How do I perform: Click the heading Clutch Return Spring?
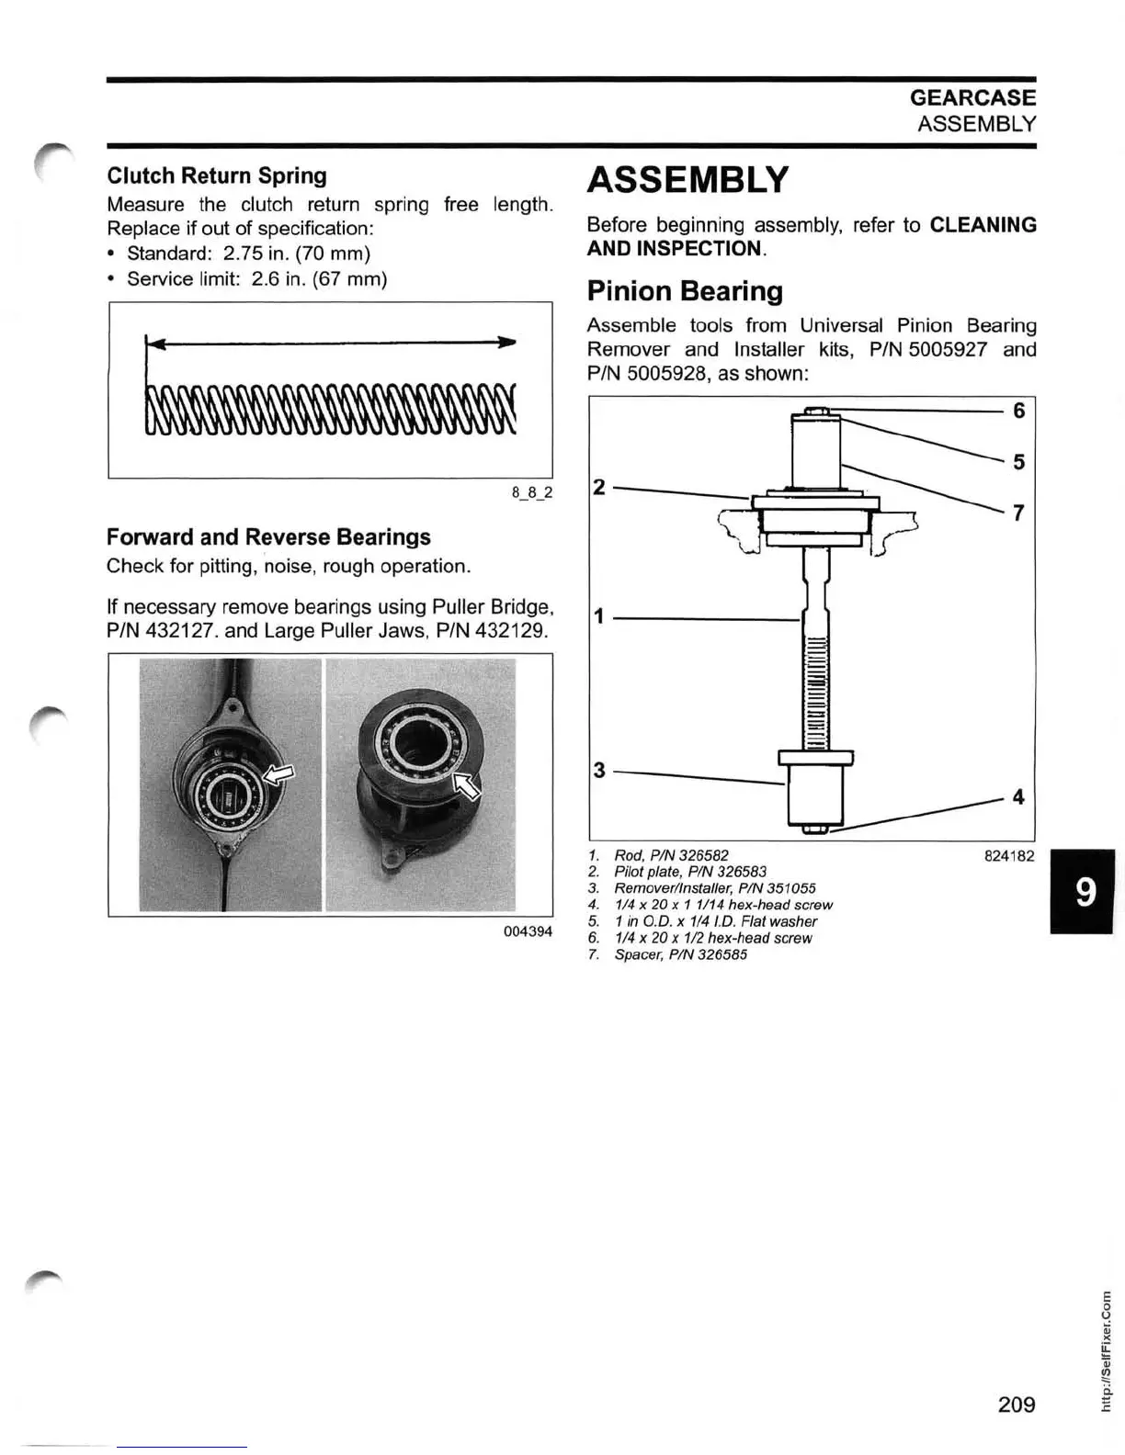(217, 175)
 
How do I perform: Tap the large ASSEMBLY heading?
(687, 180)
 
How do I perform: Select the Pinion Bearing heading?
(685, 291)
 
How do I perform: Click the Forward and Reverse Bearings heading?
(268, 536)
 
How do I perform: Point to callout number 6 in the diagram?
(1018, 411)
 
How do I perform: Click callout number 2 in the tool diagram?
(599, 487)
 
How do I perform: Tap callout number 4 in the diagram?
(1018, 797)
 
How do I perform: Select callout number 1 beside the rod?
(599, 616)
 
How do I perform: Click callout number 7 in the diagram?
(1018, 513)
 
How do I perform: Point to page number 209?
(1016, 1404)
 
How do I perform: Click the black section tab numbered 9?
(1085, 892)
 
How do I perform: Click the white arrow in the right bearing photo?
(468, 785)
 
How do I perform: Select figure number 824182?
(1008, 856)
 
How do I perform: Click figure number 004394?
(528, 931)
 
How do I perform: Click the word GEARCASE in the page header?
(972, 97)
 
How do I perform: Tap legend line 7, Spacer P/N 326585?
(680, 954)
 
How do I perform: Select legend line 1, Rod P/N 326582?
(671, 855)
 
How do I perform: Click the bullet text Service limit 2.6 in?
(256, 279)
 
